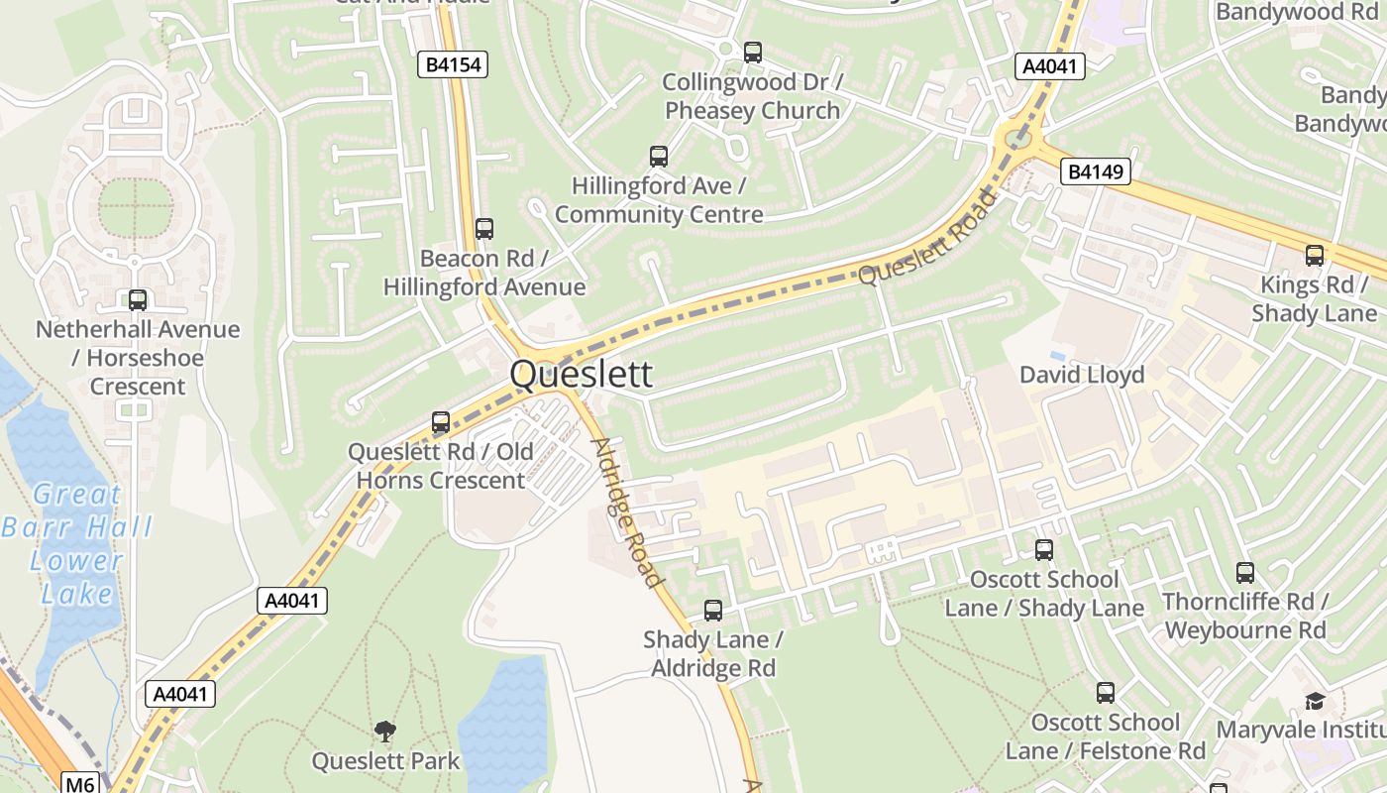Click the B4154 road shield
453,65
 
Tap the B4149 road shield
1096,171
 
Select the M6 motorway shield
79,784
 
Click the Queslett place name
582,375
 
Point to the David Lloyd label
1082,375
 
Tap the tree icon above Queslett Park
385,733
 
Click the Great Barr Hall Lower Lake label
76,543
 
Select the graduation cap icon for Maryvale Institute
1314,701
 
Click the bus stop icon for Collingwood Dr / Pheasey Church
753,53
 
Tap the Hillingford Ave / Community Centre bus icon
659,156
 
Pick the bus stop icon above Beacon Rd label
484,229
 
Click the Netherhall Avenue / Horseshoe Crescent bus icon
138,300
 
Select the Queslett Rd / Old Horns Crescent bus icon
441,422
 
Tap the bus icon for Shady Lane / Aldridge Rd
713,611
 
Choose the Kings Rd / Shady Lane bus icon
1315,256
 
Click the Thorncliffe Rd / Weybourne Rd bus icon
1245,573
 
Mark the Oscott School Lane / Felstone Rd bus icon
1106,693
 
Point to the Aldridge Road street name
624,510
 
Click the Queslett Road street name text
926,238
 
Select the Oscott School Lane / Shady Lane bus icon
1044,550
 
